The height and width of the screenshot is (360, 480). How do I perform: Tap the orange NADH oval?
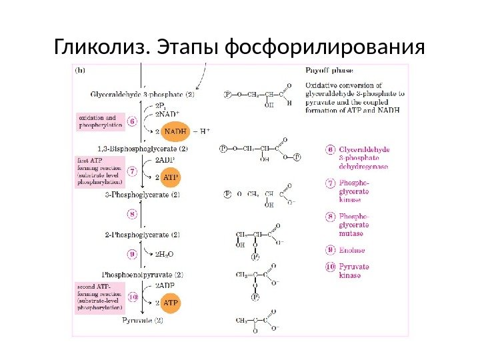175,131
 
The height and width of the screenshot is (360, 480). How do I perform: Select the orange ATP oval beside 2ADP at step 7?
171,178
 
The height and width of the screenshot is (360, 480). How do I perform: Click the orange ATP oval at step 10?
171,303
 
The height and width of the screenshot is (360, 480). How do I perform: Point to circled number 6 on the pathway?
132,121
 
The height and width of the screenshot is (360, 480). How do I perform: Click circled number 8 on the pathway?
132,214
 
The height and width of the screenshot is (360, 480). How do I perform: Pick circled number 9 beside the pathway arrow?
132,253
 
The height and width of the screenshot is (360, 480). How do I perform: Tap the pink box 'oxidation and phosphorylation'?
101,121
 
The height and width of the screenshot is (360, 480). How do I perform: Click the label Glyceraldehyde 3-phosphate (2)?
143,95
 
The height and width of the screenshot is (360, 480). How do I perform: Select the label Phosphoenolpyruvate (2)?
143,274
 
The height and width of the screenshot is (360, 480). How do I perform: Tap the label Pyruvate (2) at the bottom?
143,321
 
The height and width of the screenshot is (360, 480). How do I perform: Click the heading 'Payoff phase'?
329,69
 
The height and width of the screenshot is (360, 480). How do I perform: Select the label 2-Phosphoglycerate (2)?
143,235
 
